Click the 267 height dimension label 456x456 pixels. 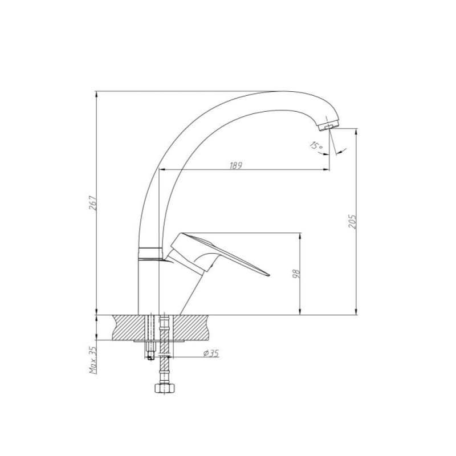(93, 203)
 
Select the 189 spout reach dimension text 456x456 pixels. (236, 165)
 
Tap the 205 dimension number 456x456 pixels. (352, 222)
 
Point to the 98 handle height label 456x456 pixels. (296, 274)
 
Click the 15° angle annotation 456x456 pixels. (316, 145)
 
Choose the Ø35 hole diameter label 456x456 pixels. (211, 353)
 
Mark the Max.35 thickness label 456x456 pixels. (93, 360)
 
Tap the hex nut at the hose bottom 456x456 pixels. (164, 388)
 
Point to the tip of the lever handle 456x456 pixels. (269, 275)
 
